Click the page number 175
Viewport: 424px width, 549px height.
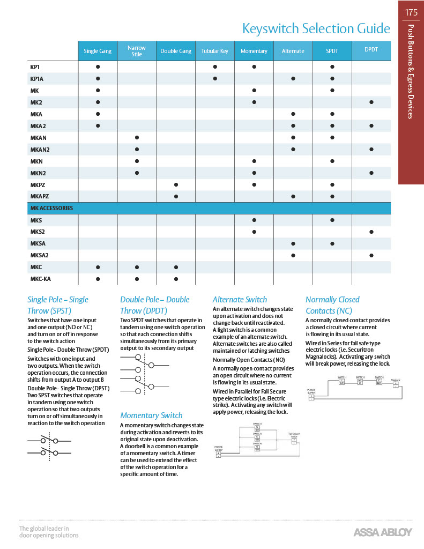pos(411,12)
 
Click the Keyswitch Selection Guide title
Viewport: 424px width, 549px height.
pos(316,28)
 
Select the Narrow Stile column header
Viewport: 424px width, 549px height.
pos(137,51)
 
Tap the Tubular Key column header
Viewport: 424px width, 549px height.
pos(215,51)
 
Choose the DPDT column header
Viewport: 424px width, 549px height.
pos(371,49)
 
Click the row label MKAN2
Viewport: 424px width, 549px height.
pos(40,149)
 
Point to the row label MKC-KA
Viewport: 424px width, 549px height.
pos(41,279)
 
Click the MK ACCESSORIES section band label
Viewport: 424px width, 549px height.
pos(51,208)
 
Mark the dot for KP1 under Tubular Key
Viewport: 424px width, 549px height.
pos(215,67)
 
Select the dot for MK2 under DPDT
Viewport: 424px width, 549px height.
pos(371,102)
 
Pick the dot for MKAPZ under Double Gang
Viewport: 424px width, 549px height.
pos(176,196)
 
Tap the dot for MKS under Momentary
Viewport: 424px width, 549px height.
pos(254,220)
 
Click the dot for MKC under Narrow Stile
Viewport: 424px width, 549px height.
pos(137,267)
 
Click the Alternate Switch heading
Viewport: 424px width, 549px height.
pos(240,300)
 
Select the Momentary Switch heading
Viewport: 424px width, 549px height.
pos(151,415)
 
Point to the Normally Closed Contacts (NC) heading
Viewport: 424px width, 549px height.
pos(332,305)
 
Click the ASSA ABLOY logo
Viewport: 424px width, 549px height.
pos(383,532)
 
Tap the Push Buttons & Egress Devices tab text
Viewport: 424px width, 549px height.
pos(411,71)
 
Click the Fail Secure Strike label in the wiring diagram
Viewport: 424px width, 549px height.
pos(294,435)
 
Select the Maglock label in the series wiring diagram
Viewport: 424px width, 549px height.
pos(396,380)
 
